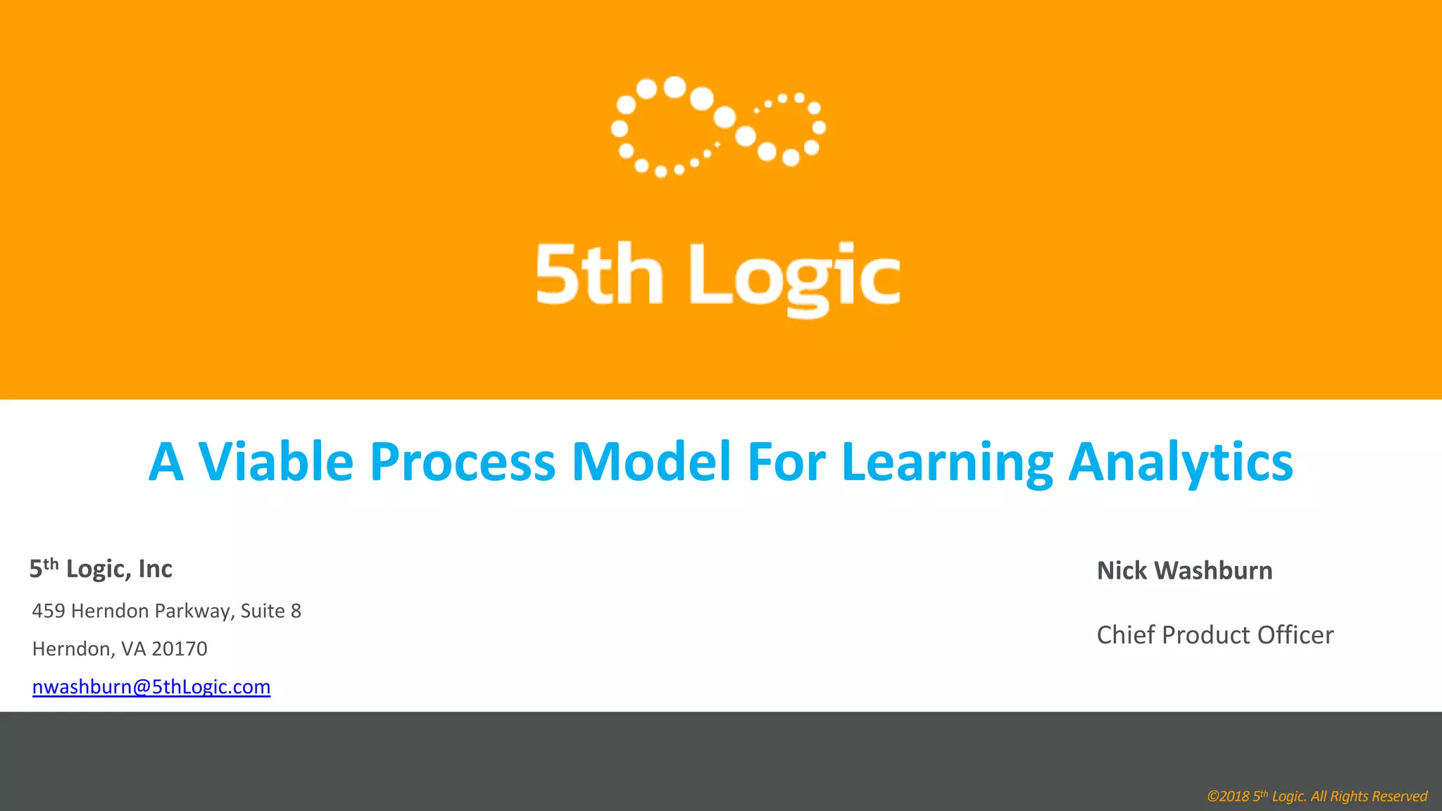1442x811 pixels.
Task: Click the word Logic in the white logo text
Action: [x=794, y=276]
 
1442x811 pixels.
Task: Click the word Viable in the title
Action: [x=275, y=462]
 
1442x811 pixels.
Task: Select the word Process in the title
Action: [x=463, y=462]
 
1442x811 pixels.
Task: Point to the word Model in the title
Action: [x=651, y=462]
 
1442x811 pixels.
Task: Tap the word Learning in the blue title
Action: [x=947, y=462]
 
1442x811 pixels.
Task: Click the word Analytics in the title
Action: [x=1181, y=462]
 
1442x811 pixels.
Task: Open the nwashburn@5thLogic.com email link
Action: [x=151, y=686]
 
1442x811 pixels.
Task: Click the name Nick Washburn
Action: [x=1184, y=570]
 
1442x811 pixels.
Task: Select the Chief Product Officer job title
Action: [x=1215, y=635]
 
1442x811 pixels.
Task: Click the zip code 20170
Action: [x=180, y=648]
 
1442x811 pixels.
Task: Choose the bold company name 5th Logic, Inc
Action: [x=101, y=569]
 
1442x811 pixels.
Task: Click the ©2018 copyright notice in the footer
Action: [x=1317, y=796]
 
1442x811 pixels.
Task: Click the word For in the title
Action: [x=786, y=462]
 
